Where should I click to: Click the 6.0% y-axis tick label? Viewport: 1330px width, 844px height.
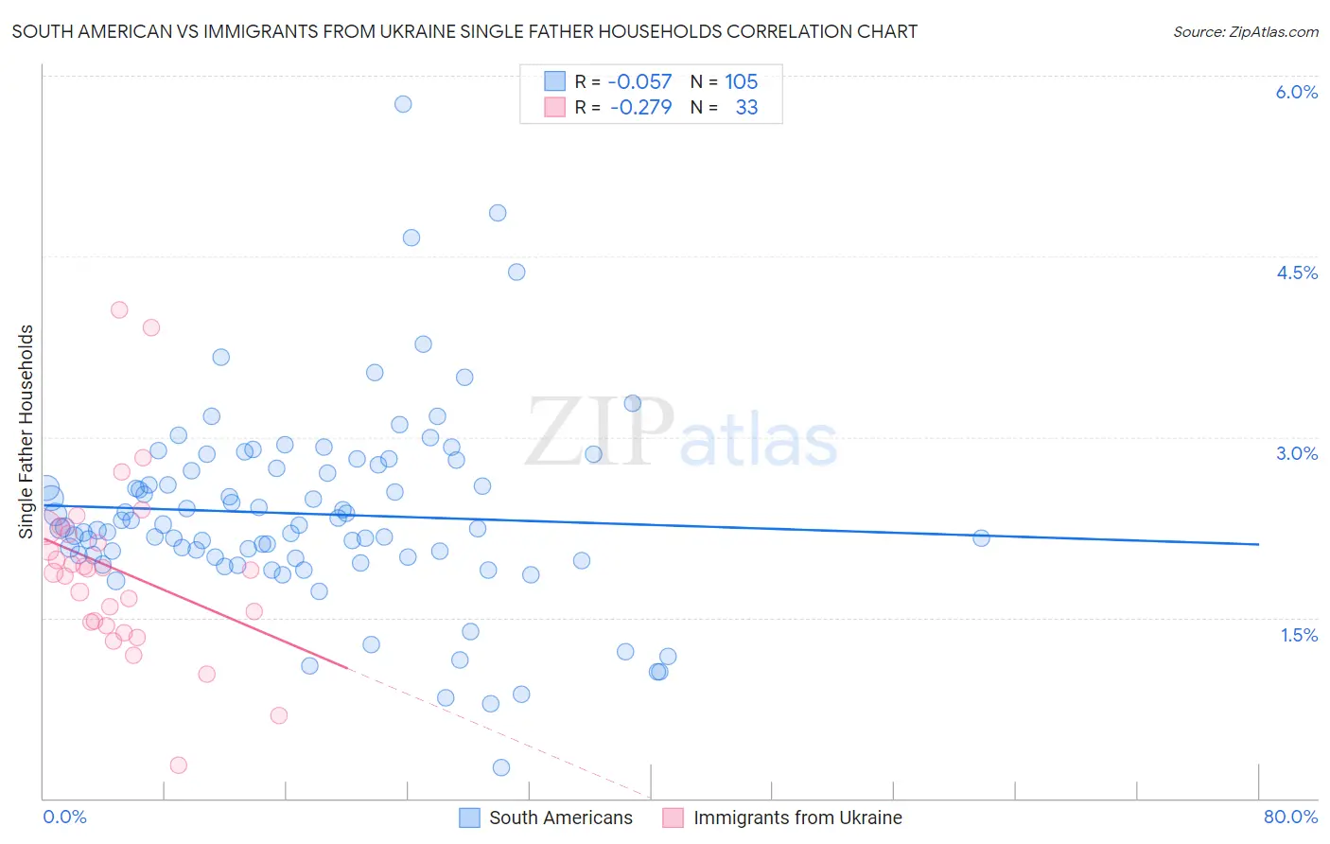(1296, 93)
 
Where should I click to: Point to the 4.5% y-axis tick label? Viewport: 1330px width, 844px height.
(1296, 273)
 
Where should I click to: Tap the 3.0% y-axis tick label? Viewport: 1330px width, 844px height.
(1296, 454)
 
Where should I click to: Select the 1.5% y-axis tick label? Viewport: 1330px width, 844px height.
(1299, 636)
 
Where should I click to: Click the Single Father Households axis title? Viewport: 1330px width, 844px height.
(26, 431)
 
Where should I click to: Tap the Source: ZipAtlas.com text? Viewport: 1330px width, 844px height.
(1245, 32)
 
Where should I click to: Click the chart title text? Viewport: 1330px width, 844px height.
(464, 32)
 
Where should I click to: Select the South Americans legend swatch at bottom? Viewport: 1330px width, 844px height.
(469, 818)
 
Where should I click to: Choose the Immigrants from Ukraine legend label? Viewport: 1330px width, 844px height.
(797, 818)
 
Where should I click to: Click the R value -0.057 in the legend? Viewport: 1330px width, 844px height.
(639, 82)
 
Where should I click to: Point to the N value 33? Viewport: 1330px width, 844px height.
(746, 108)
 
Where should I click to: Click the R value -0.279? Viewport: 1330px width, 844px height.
(640, 108)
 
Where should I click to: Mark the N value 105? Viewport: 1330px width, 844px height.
(741, 82)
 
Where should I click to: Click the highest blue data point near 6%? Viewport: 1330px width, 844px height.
(403, 104)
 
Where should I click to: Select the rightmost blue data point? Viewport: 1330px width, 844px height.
(981, 538)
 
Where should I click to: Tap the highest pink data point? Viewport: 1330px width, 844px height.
(119, 309)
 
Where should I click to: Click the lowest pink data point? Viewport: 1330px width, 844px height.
(178, 765)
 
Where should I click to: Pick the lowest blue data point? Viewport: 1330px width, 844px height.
(501, 767)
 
